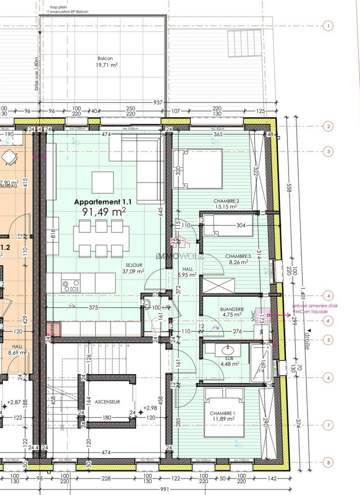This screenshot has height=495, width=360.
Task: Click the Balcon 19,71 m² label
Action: (104, 62)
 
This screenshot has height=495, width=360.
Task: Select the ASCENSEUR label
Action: (107, 401)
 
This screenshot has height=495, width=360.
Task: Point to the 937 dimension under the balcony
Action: (157, 102)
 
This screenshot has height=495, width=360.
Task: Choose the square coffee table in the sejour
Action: (103, 182)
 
